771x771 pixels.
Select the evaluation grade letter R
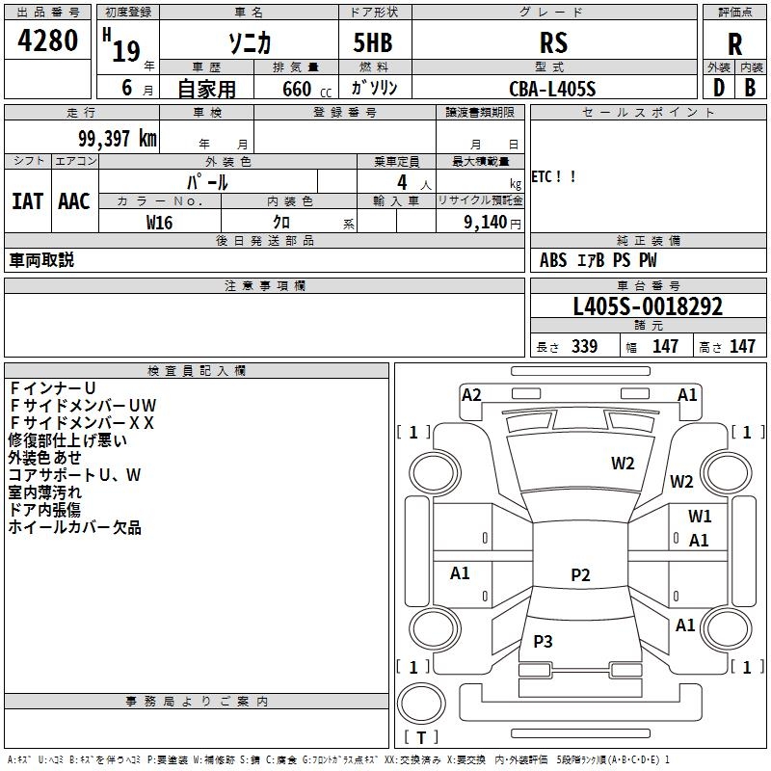734,43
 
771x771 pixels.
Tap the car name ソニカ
248,42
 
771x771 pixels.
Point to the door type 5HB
373,42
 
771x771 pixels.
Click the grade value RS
553,42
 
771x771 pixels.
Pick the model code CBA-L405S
553,89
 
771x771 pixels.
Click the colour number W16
159,222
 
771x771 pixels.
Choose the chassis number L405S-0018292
648,306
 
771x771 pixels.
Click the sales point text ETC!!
554,177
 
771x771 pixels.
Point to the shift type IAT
27,200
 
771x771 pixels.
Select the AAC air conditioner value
73,200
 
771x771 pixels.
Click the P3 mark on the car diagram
543,641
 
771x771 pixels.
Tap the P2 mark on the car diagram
579,575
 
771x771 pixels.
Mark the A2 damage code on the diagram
471,394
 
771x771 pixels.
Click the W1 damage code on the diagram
700,517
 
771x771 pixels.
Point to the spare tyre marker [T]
420,737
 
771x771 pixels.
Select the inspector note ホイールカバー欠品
74,527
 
